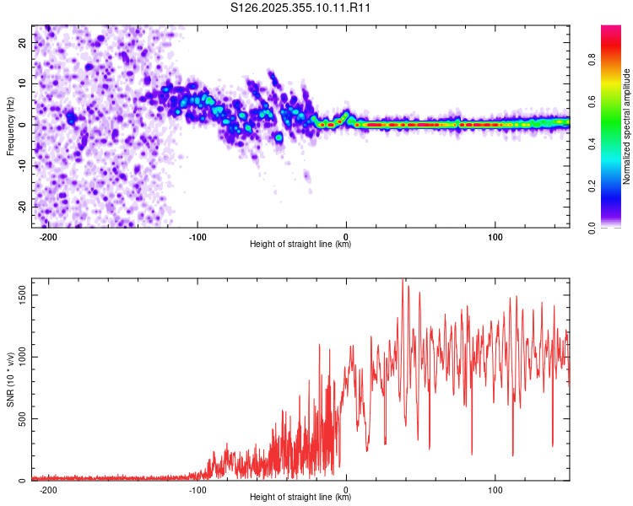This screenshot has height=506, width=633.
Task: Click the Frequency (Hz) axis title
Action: coord(10,126)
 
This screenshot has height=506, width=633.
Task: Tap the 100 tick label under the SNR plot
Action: coord(495,488)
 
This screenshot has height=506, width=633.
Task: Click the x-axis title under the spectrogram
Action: coord(300,245)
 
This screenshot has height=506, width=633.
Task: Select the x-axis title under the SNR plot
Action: coord(300,498)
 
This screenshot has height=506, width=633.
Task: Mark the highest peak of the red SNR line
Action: coord(403,281)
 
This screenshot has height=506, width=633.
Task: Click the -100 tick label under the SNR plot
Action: coord(197,488)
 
